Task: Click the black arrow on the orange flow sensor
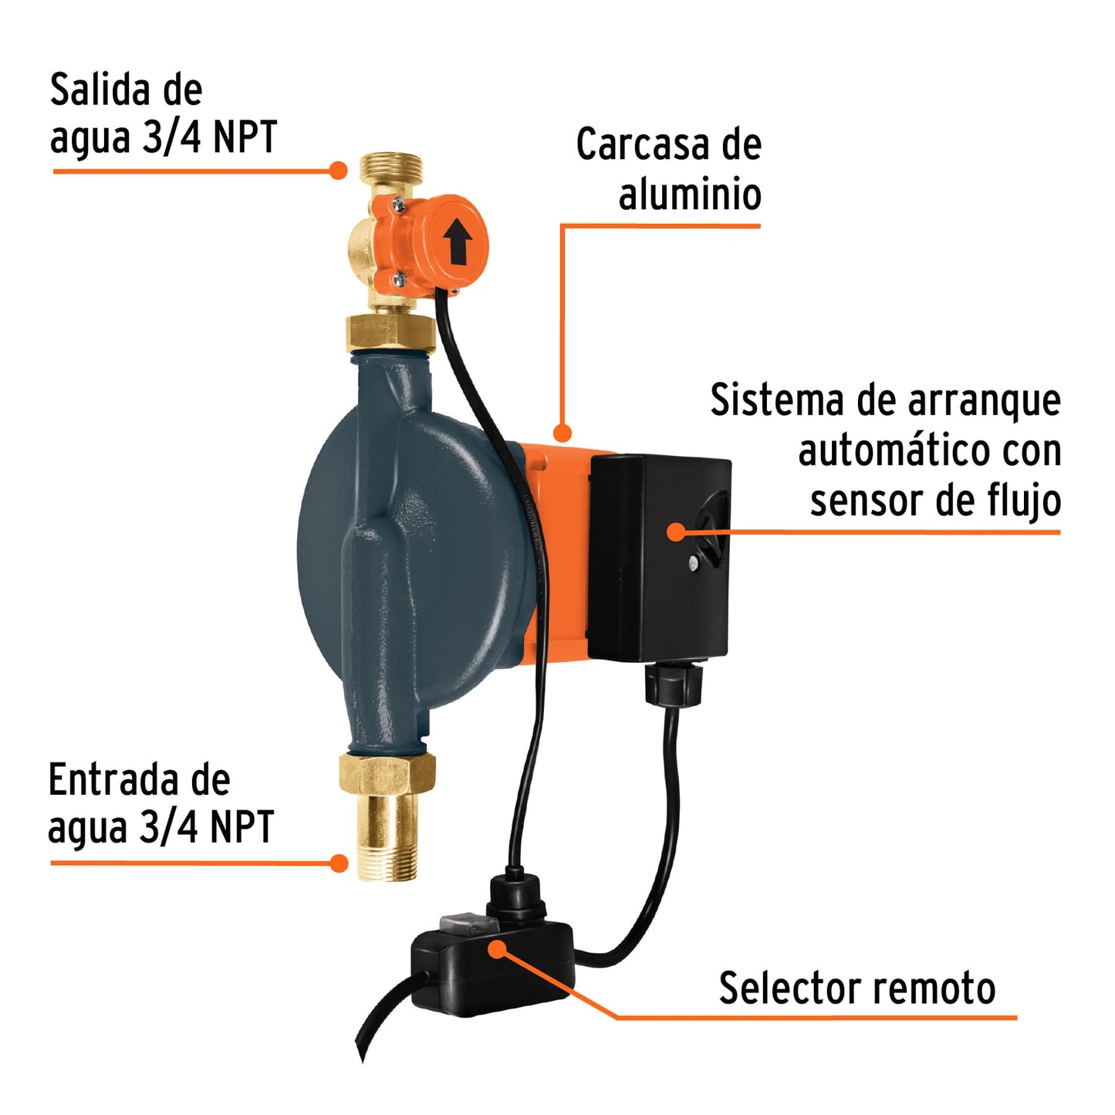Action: (x=458, y=241)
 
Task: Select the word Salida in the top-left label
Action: (x=97, y=91)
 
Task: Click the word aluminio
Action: (x=690, y=194)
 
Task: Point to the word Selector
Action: (x=779, y=988)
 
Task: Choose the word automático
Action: (x=884, y=451)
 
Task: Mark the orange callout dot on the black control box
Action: (x=676, y=531)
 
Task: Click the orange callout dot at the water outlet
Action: (x=337, y=170)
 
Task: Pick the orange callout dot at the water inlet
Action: (x=338, y=863)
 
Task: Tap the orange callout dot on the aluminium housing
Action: (x=563, y=433)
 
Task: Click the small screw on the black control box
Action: (x=694, y=563)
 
